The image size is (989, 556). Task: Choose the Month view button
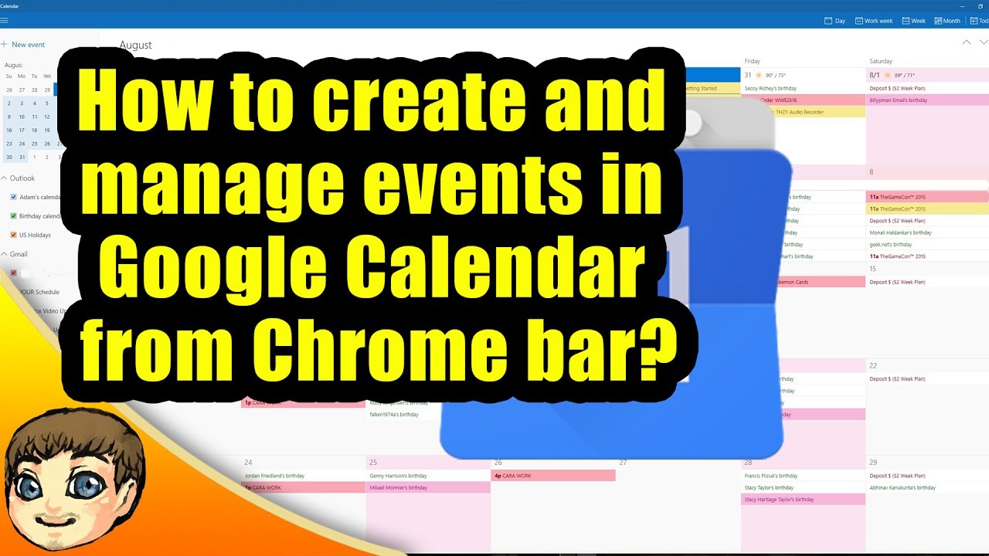[947, 21]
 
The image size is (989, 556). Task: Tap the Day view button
[835, 21]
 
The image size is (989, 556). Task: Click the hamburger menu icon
[5, 20]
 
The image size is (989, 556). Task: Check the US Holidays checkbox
[13, 235]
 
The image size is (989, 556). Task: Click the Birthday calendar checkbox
[13, 216]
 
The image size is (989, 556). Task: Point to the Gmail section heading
[19, 254]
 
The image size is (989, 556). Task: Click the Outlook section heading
[22, 178]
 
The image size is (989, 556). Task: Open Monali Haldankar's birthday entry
[900, 232]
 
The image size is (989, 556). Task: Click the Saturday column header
[881, 61]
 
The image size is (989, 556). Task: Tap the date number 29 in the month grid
[873, 463]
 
